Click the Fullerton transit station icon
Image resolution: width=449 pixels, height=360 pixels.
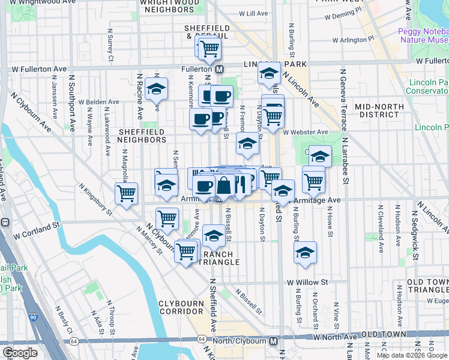[220, 69]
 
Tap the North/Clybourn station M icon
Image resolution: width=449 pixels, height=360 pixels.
[274, 341]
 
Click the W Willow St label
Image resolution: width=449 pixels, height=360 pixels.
[307, 281]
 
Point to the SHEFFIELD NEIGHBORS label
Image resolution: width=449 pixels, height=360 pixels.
[142, 136]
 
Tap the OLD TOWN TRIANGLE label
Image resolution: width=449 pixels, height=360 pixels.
[427, 286]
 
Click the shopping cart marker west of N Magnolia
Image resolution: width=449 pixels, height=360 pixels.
[126, 194]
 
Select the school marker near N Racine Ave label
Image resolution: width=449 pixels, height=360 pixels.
[157, 89]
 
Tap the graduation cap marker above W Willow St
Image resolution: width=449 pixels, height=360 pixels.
[306, 253]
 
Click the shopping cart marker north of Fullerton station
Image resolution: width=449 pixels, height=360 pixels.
[209, 49]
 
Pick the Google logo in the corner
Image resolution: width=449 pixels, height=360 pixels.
[20, 353]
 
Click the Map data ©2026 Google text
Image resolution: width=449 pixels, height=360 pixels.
[412, 355]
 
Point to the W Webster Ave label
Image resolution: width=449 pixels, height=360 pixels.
[306, 132]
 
